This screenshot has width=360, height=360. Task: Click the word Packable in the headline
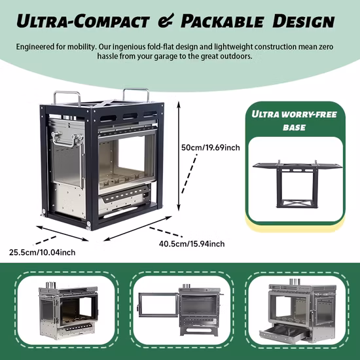pyautogui.click(x=221, y=22)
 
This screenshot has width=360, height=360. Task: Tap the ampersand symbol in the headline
pyautogui.click(x=166, y=21)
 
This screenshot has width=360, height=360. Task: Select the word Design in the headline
pyautogui.click(x=303, y=21)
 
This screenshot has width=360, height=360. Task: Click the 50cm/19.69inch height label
pyautogui.click(x=211, y=147)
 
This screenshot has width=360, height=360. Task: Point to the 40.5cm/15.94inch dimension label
pyautogui.click(x=192, y=244)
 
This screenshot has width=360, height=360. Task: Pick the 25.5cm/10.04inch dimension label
pyautogui.click(x=43, y=253)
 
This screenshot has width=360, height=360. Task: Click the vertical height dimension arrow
pyautogui.click(x=179, y=156)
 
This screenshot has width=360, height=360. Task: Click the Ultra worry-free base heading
pyautogui.click(x=294, y=121)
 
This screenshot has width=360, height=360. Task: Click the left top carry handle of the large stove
pyautogui.click(x=67, y=98)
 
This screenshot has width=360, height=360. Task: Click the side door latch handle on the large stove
pyautogui.click(x=67, y=139)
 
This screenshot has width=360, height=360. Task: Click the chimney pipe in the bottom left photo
pyautogui.click(x=51, y=285)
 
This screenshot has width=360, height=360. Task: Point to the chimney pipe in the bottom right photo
pyautogui.click(x=295, y=282)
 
